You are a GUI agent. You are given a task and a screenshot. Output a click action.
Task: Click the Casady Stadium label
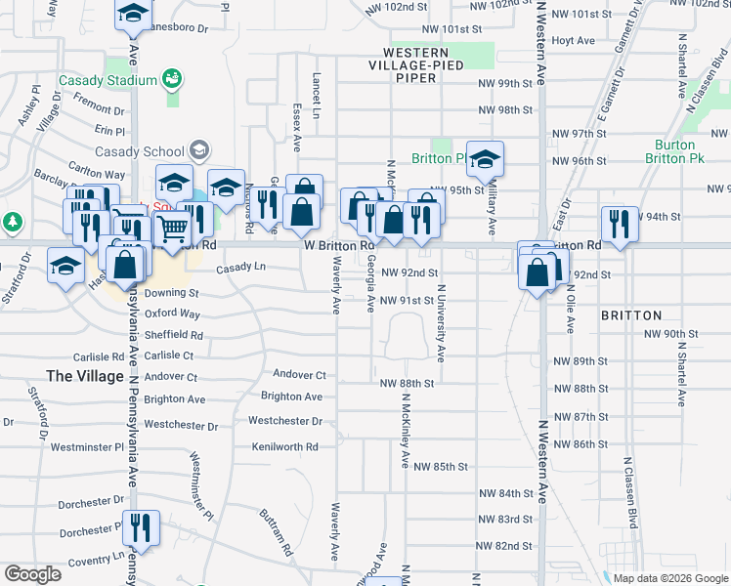[x=107, y=80]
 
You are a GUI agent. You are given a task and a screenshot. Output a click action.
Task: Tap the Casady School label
[x=140, y=151]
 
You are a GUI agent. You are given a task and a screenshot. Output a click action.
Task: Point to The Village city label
[x=85, y=376]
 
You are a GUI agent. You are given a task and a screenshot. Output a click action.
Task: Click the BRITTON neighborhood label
[x=631, y=315]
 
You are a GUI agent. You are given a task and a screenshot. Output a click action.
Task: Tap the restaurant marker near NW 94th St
[x=620, y=224]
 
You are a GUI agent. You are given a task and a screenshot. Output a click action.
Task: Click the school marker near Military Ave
[x=485, y=159]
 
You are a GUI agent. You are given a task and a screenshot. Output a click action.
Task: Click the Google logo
[x=32, y=574]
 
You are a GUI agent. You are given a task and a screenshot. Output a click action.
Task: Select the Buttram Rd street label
[x=277, y=531]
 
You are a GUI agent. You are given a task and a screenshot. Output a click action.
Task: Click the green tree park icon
[x=12, y=222]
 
